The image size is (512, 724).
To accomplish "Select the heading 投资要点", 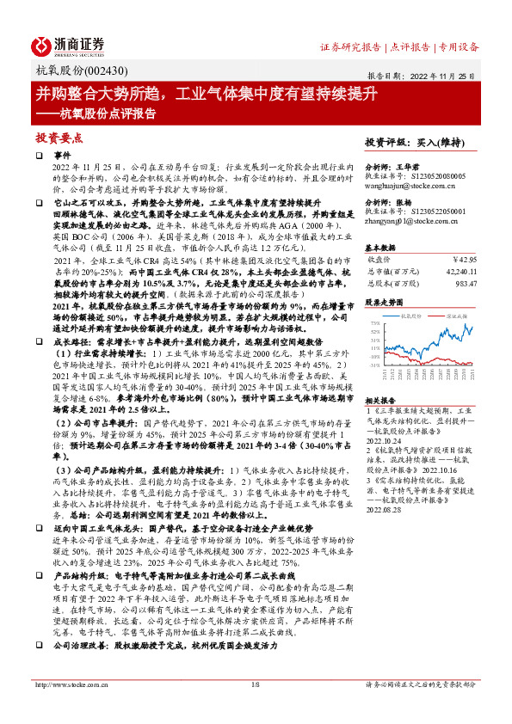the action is click(59, 138).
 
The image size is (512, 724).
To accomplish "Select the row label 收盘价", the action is click(379, 257).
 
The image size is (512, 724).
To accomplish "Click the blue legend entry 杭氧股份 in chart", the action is click(412, 317).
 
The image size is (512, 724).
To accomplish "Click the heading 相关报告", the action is click(380, 401).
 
